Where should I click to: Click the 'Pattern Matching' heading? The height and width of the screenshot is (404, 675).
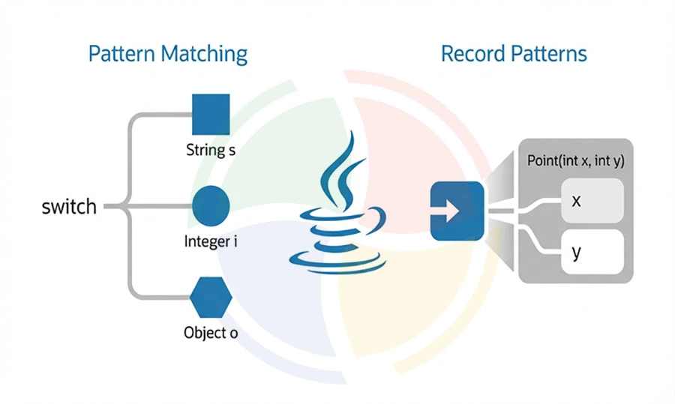(167, 55)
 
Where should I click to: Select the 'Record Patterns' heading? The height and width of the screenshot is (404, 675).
(514, 54)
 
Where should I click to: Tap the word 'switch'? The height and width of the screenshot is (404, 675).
(69, 206)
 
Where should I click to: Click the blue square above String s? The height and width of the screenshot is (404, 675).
(211, 115)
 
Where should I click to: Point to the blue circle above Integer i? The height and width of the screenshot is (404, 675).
(211, 206)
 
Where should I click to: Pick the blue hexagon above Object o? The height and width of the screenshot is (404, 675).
(211, 298)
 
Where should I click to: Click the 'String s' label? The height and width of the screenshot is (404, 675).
(211, 150)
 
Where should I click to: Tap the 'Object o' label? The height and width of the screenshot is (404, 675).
(211, 332)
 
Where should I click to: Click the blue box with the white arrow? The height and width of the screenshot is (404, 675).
(456, 211)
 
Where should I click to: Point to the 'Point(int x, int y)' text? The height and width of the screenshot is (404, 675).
(576, 160)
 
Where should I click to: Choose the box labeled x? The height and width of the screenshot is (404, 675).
(592, 200)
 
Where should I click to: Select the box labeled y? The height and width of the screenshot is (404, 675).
(592, 252)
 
